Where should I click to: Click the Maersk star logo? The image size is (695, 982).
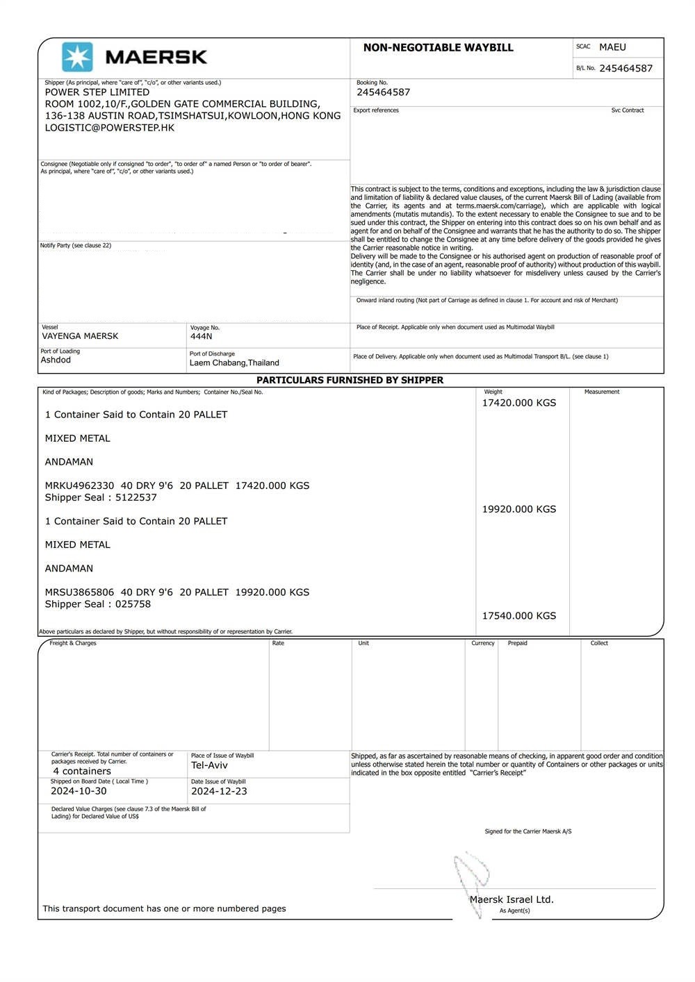[x=77, y=57]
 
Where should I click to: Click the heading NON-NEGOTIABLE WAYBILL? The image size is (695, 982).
[x=438, y=48]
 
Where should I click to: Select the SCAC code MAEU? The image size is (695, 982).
[x=612, y=47]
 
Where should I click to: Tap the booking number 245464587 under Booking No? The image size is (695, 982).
[x=383, y=92]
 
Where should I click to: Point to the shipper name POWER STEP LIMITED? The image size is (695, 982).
[x=97, y=92]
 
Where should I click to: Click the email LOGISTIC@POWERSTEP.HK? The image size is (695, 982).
[x=110, y=128]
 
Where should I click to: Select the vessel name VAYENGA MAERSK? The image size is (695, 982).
[x=80, y=336]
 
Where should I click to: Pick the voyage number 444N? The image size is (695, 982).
[x=201, y=336]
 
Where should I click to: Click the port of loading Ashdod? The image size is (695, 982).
[x=56, y=360]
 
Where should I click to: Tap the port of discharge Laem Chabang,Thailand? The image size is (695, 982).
[x=234, y=363]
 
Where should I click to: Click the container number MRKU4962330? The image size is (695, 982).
[x=79, y=485]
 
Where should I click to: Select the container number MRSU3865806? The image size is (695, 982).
[x=79, y=592]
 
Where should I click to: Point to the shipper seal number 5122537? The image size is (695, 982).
[x=136, y=497]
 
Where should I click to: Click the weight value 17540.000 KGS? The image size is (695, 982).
[x=519, y=616]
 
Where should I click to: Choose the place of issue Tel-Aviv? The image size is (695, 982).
[x=209, y=765]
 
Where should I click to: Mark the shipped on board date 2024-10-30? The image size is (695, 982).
[x=79, y=791]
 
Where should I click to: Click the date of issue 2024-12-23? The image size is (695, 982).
[x=219, y=791]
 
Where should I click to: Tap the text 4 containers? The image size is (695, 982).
[x=82, y=771]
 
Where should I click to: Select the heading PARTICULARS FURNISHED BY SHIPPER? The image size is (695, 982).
[x=350, y=381]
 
